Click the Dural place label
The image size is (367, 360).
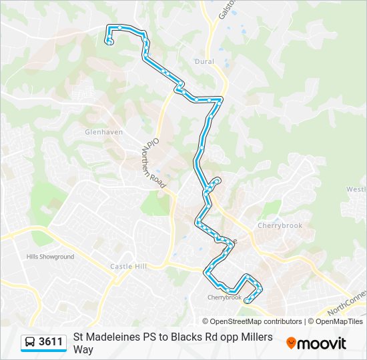pyautogui.click(x=205, y=61)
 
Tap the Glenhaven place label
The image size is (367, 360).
pyautogui.click(x=104, y=132)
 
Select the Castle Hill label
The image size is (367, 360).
pyautogui.click(x=127, y=267)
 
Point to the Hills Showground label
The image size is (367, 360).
pyautogui.click(x=50, y=257)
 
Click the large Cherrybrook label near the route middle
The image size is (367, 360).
pyautogui.click(x=280, y=225)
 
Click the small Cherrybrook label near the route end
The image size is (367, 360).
pyautogui.click(x=224, y=297)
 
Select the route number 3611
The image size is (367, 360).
pyautogui.click(x=51, y=342)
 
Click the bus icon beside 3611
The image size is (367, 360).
pyautogui.click(x=30, y=343)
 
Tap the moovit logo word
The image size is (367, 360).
pyautogui.click(x=322, y=343)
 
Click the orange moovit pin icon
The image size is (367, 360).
pyautogui.click(x=291, y=343)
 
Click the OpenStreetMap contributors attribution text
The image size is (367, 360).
pyautogui.click(x=252, y=321)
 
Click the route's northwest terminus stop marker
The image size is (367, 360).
pyautogui.click(x=109, y=42)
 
